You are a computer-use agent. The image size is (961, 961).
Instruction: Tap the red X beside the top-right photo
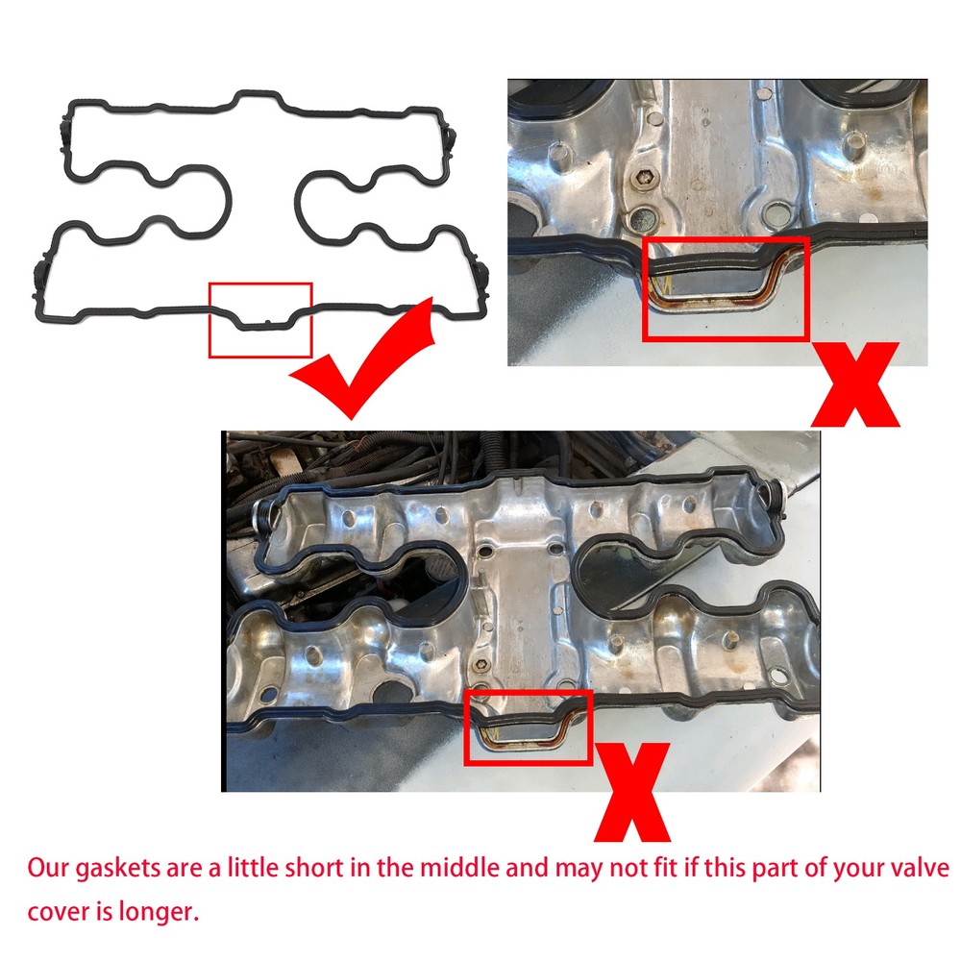coord(855,385)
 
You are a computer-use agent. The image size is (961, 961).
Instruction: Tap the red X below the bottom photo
coord(632,792)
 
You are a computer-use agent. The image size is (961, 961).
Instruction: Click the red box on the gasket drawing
coord(209,320)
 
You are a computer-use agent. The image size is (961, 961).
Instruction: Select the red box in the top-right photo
coord(643,288)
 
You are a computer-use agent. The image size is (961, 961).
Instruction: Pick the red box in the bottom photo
coord(464,727)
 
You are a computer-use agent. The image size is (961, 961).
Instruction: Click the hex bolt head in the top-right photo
coord(643,179)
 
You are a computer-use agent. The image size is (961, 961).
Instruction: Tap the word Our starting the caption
coord(48,869)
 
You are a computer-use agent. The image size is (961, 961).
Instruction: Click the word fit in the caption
coord(667,868)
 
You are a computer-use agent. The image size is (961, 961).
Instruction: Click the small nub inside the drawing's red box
coord(268,321)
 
